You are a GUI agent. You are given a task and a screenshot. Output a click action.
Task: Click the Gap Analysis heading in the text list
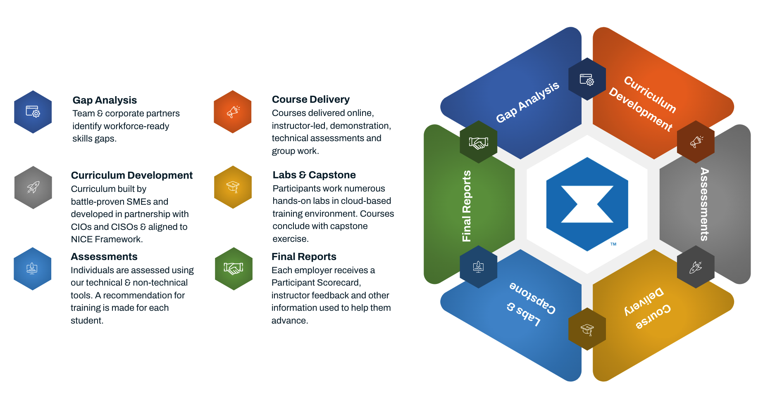click(x=105, y=100)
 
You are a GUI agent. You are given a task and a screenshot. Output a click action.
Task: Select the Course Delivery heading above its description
click(x=311, y=99)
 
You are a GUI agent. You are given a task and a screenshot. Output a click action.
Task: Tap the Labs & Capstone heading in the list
click(x=314, y=175)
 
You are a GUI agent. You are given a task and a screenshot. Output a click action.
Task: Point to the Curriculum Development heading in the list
click(x=132, y=175)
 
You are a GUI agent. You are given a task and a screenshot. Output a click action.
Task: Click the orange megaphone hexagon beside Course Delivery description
click(x=233, y=112)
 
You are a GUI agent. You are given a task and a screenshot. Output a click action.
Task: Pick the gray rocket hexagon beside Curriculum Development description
click(x=33, y=187)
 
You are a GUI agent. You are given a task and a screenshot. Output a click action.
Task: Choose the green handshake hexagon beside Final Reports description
click(x=234, y=269)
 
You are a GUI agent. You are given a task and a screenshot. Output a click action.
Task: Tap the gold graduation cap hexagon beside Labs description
click(x=233, y=187)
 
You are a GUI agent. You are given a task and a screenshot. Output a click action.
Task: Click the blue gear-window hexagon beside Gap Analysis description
click(x=33, y=112)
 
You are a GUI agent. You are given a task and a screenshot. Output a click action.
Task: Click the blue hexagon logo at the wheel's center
click(x=587, y=204)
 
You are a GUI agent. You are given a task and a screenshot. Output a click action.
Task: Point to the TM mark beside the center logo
click(x=613, y=244)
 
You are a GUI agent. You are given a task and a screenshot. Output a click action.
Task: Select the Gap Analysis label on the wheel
click(x=527, y=102)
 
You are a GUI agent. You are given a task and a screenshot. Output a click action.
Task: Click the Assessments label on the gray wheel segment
click(x=704, y=204)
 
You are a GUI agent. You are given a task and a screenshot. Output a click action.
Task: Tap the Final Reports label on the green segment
click(x=467, y=206)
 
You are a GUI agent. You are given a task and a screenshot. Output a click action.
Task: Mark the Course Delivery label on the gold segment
click(x=647, y=308)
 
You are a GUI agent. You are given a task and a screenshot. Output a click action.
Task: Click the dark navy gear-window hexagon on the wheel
click(x=587, y=79)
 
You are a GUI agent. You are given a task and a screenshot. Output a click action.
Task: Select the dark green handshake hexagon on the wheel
click(x=479, y=142)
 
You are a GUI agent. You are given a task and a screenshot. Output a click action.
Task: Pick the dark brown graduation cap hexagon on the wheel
click(x=587, y=329)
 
